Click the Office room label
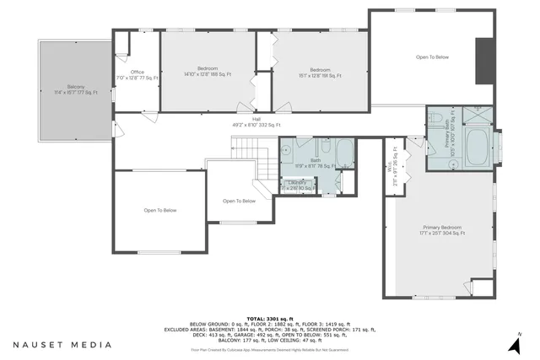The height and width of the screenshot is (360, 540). click(137, 74)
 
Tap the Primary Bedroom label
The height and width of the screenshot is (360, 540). click(443, 230)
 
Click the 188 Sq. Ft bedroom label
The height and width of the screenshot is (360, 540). click(208, 71)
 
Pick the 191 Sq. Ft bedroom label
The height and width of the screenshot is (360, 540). click(320, 71)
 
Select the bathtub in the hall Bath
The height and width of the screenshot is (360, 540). click(344, 153)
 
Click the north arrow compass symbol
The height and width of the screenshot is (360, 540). click(513, 343)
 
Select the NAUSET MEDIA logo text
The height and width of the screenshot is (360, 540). click(62, 344)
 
